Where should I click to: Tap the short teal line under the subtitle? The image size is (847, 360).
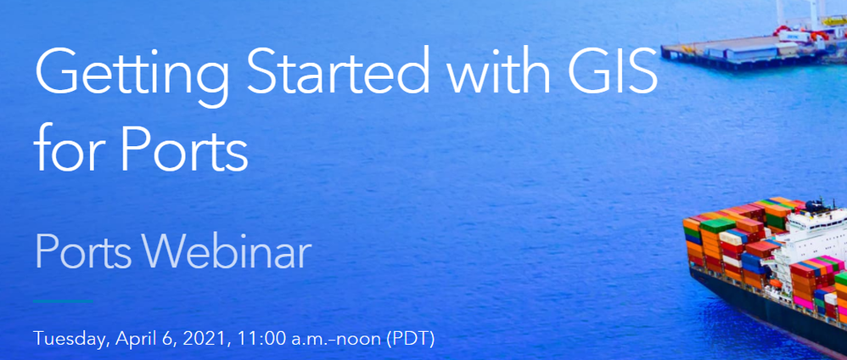pos(63,301)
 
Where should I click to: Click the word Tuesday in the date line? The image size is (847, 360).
pos(69,340)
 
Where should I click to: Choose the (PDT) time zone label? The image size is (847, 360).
pos(410,340)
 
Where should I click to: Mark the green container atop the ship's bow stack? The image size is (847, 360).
pos(718,225)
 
